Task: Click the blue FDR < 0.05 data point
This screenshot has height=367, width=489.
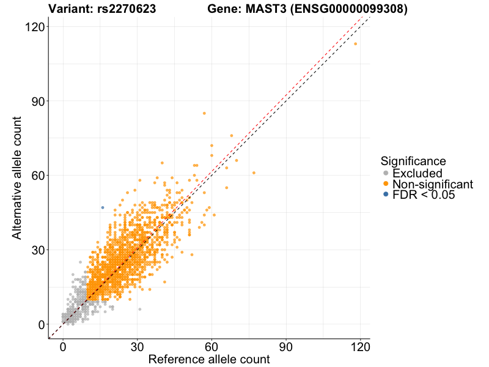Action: pyautogui.click(x=103, y=207)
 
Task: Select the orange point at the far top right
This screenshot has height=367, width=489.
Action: pyautogui.click(x=355, y=43)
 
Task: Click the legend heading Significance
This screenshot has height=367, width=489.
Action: pyautogui.click(x=413, y=161)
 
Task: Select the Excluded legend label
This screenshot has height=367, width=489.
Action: pyautogui.click(x=417, y=174)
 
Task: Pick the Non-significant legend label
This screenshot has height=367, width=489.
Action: pyautogui.click(x=433, y=184)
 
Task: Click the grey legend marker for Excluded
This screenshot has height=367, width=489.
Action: pyautogui.click(x=385, y=174)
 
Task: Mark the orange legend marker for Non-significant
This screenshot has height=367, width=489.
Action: pyautogui.click(x=385, y=184)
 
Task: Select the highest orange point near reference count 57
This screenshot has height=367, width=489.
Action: pyautogui.click(x=204, y=113)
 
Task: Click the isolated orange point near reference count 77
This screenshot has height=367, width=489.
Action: pyautogui.click(x=254, y=173)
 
